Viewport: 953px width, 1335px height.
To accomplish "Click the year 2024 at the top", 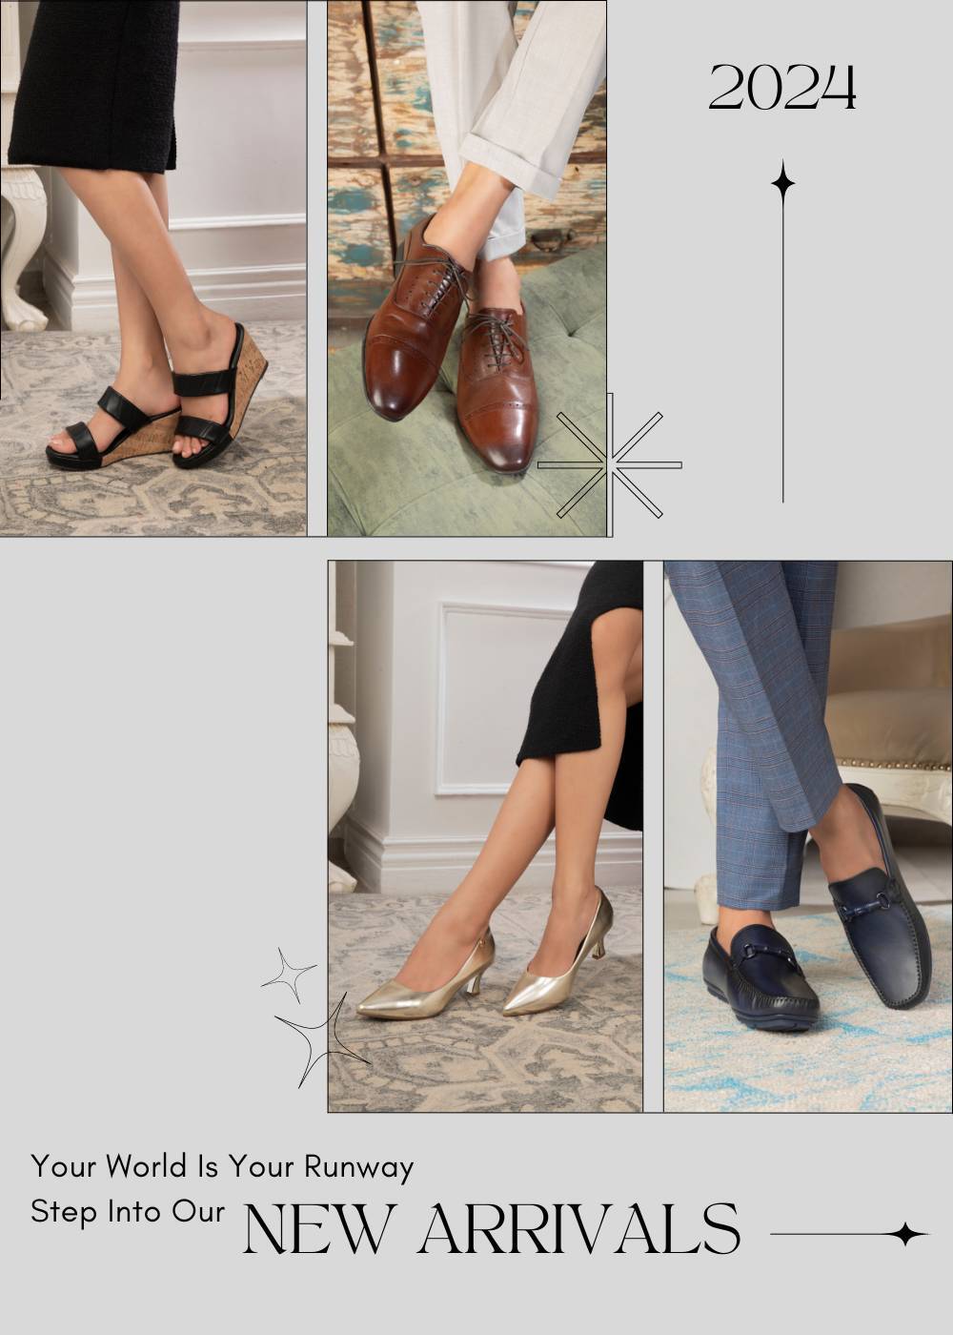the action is point(782,88).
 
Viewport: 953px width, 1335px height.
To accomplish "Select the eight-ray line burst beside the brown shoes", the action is point(609,464).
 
